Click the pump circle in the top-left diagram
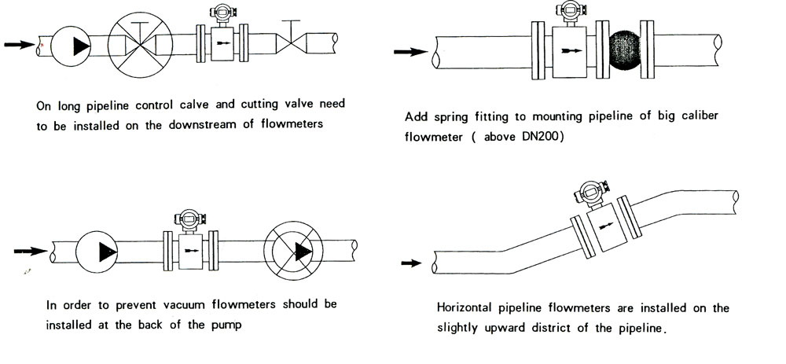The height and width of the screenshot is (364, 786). (72, 45)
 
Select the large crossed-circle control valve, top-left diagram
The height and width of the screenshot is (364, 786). (141, 44)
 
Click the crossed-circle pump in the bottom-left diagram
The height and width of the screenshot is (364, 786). (297, 252)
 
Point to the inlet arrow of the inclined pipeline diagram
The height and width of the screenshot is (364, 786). (411, 263)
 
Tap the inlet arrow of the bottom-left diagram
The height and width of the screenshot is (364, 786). (30, 252)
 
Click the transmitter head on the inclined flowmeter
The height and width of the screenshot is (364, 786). (589, 190)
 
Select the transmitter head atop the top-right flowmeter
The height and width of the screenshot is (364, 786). (570, 10)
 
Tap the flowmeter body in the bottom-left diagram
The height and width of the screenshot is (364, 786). (189, 251)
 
